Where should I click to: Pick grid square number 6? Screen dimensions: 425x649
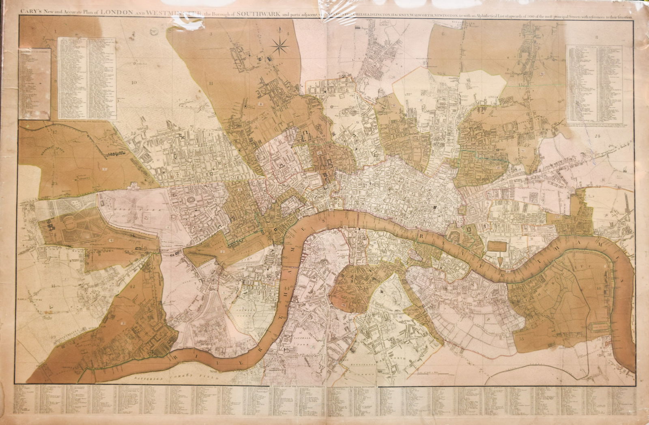[443, 34]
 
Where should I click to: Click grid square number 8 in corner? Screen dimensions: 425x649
[597, 38]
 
